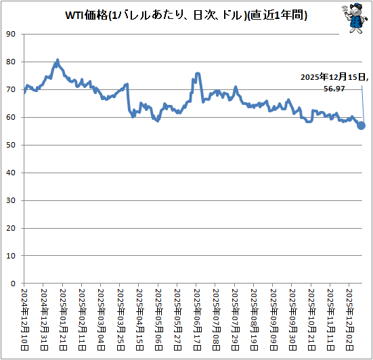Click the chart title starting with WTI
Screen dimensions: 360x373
coord(185,16)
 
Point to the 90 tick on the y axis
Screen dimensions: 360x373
coord(11,34)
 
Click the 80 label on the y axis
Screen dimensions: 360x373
coord(11,62)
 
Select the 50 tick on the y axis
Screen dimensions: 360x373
coord(11,145)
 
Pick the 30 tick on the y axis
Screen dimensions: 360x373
coord(11,200)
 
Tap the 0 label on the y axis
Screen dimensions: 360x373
coord(14,283)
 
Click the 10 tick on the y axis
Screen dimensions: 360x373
coord(11,255)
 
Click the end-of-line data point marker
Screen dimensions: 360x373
coord(361,125)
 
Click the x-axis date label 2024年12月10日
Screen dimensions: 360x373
coord(25,319)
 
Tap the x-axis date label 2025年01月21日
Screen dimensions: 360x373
coord(63,319)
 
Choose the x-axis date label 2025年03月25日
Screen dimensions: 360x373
coord(120,319)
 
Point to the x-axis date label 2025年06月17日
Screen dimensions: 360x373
coord(196,319)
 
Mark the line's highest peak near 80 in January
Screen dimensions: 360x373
coord(58,60)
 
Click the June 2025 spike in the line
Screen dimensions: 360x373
coord(197,73)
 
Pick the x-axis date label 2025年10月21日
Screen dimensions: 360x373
coord(311,319)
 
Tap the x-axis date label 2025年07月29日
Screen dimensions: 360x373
coord(234,319)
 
